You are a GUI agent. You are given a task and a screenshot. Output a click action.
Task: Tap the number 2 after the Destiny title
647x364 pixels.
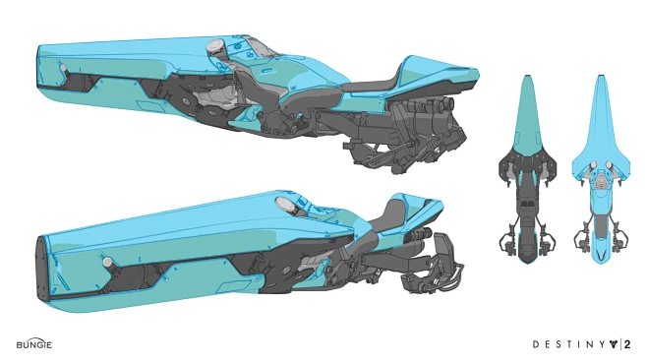click(625, 345)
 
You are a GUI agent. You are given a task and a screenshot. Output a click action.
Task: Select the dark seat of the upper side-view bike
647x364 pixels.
click(370, 87)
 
